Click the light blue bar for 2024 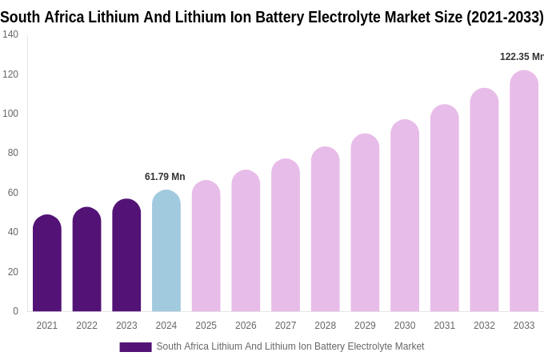(x=166, y=251)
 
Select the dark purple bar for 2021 (x=47, y=263)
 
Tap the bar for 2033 (x=524, y=191)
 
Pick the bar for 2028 (x=326, y=230)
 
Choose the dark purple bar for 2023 (x=126, y=255)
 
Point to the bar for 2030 (x=405, y=216)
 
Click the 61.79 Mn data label (x=165, y=177)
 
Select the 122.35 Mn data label (x=521, y=57)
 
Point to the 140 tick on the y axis (x=10, y=34)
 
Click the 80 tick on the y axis (x=13, y=153)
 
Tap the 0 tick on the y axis (x=15, y=311)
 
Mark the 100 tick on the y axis (x=10, y=114)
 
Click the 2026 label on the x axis (x=246, y=326)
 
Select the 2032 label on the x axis (x=484, y=326)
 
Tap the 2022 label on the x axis (x=86, y=326)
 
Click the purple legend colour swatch (x=135, y=347)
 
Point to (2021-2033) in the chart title (x=506, y=17)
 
